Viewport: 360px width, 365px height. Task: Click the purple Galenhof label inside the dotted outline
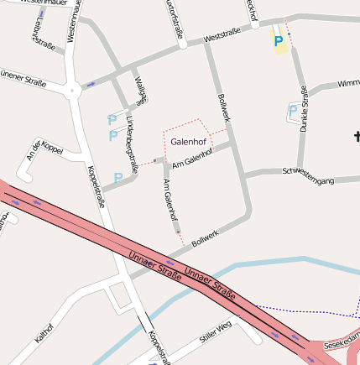click(188, 142)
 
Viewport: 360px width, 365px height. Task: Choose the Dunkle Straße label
click(305, 109)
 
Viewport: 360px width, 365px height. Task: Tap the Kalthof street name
click(44, 332)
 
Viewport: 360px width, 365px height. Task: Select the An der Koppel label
click(45, 150)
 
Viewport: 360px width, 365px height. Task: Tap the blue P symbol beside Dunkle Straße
click(293, 110)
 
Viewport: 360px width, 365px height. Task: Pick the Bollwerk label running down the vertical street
click(223, 110)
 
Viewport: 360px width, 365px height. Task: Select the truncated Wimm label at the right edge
click(347, 84)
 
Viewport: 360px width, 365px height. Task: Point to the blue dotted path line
click(302, 309)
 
